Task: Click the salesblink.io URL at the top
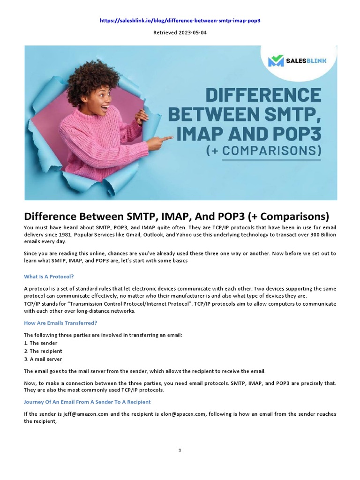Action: [x=180, y=21]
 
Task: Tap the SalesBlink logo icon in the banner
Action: [x=276, y=61]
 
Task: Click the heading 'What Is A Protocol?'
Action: [x=49, y=277]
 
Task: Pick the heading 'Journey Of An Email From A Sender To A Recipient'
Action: [x=87, y=402]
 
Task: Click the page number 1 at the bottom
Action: [x=180, y=450]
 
